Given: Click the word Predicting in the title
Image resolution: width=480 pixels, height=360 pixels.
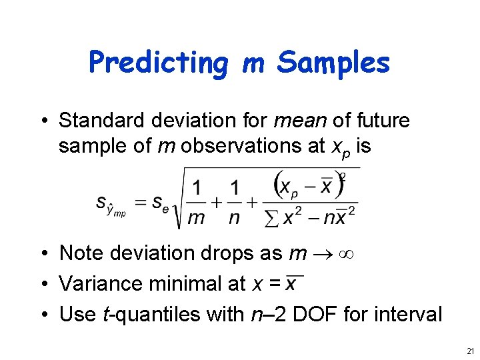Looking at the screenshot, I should tap(159, 63).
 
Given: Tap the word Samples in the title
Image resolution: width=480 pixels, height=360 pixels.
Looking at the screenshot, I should tap(333, 63).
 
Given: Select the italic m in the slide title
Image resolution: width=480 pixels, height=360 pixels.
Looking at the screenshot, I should tap(253, 64).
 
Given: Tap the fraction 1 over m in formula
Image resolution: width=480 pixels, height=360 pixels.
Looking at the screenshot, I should tap(196, 203).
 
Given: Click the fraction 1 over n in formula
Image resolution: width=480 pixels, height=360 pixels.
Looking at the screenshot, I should tap(234, 203).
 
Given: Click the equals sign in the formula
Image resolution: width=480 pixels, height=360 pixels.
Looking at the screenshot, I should tap(139, 203).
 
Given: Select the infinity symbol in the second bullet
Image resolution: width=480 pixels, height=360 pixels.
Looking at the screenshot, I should tap(346, 254).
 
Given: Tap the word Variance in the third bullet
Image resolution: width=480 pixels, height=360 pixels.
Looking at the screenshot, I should tap(96, 284).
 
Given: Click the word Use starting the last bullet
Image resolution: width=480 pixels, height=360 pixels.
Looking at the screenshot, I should tap(74, 314).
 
